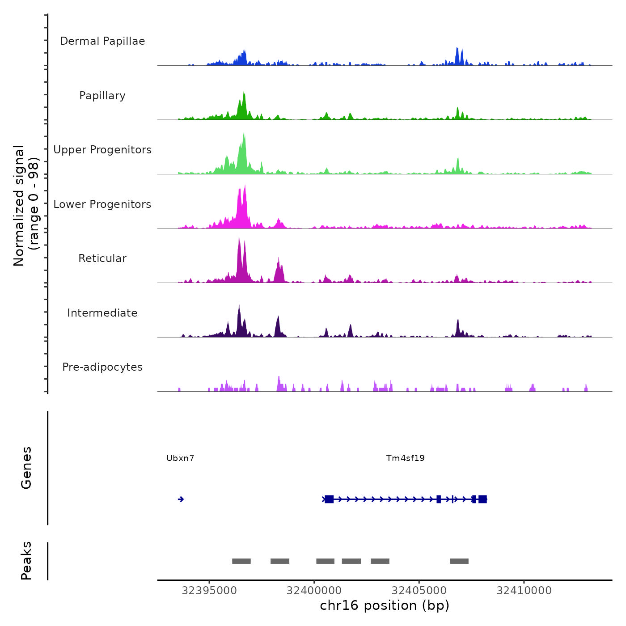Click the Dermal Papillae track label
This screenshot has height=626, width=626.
point(102,41)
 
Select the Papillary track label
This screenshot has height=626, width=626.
point(102,96)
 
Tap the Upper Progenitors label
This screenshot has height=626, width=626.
point(102,150)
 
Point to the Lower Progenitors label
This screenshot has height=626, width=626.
point(102,204)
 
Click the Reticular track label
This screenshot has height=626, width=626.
point(102,258)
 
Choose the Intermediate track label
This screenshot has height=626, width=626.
point(102,313)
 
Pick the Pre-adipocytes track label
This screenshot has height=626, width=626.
point(102,367)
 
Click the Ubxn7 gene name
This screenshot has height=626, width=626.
point(180,458)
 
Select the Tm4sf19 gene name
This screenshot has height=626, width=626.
point(405,458)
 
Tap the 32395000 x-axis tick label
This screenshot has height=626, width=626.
point(209,591)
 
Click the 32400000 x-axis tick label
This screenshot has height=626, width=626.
point(314,591)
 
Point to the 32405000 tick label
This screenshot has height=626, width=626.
point(419,591)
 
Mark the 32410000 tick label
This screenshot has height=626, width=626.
point(524,591)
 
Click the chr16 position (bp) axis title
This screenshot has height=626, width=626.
point(385,605)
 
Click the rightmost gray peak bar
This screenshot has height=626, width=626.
point(459,561)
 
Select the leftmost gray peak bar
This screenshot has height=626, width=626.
point(241,561)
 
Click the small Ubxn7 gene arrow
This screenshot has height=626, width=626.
point(181,499)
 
